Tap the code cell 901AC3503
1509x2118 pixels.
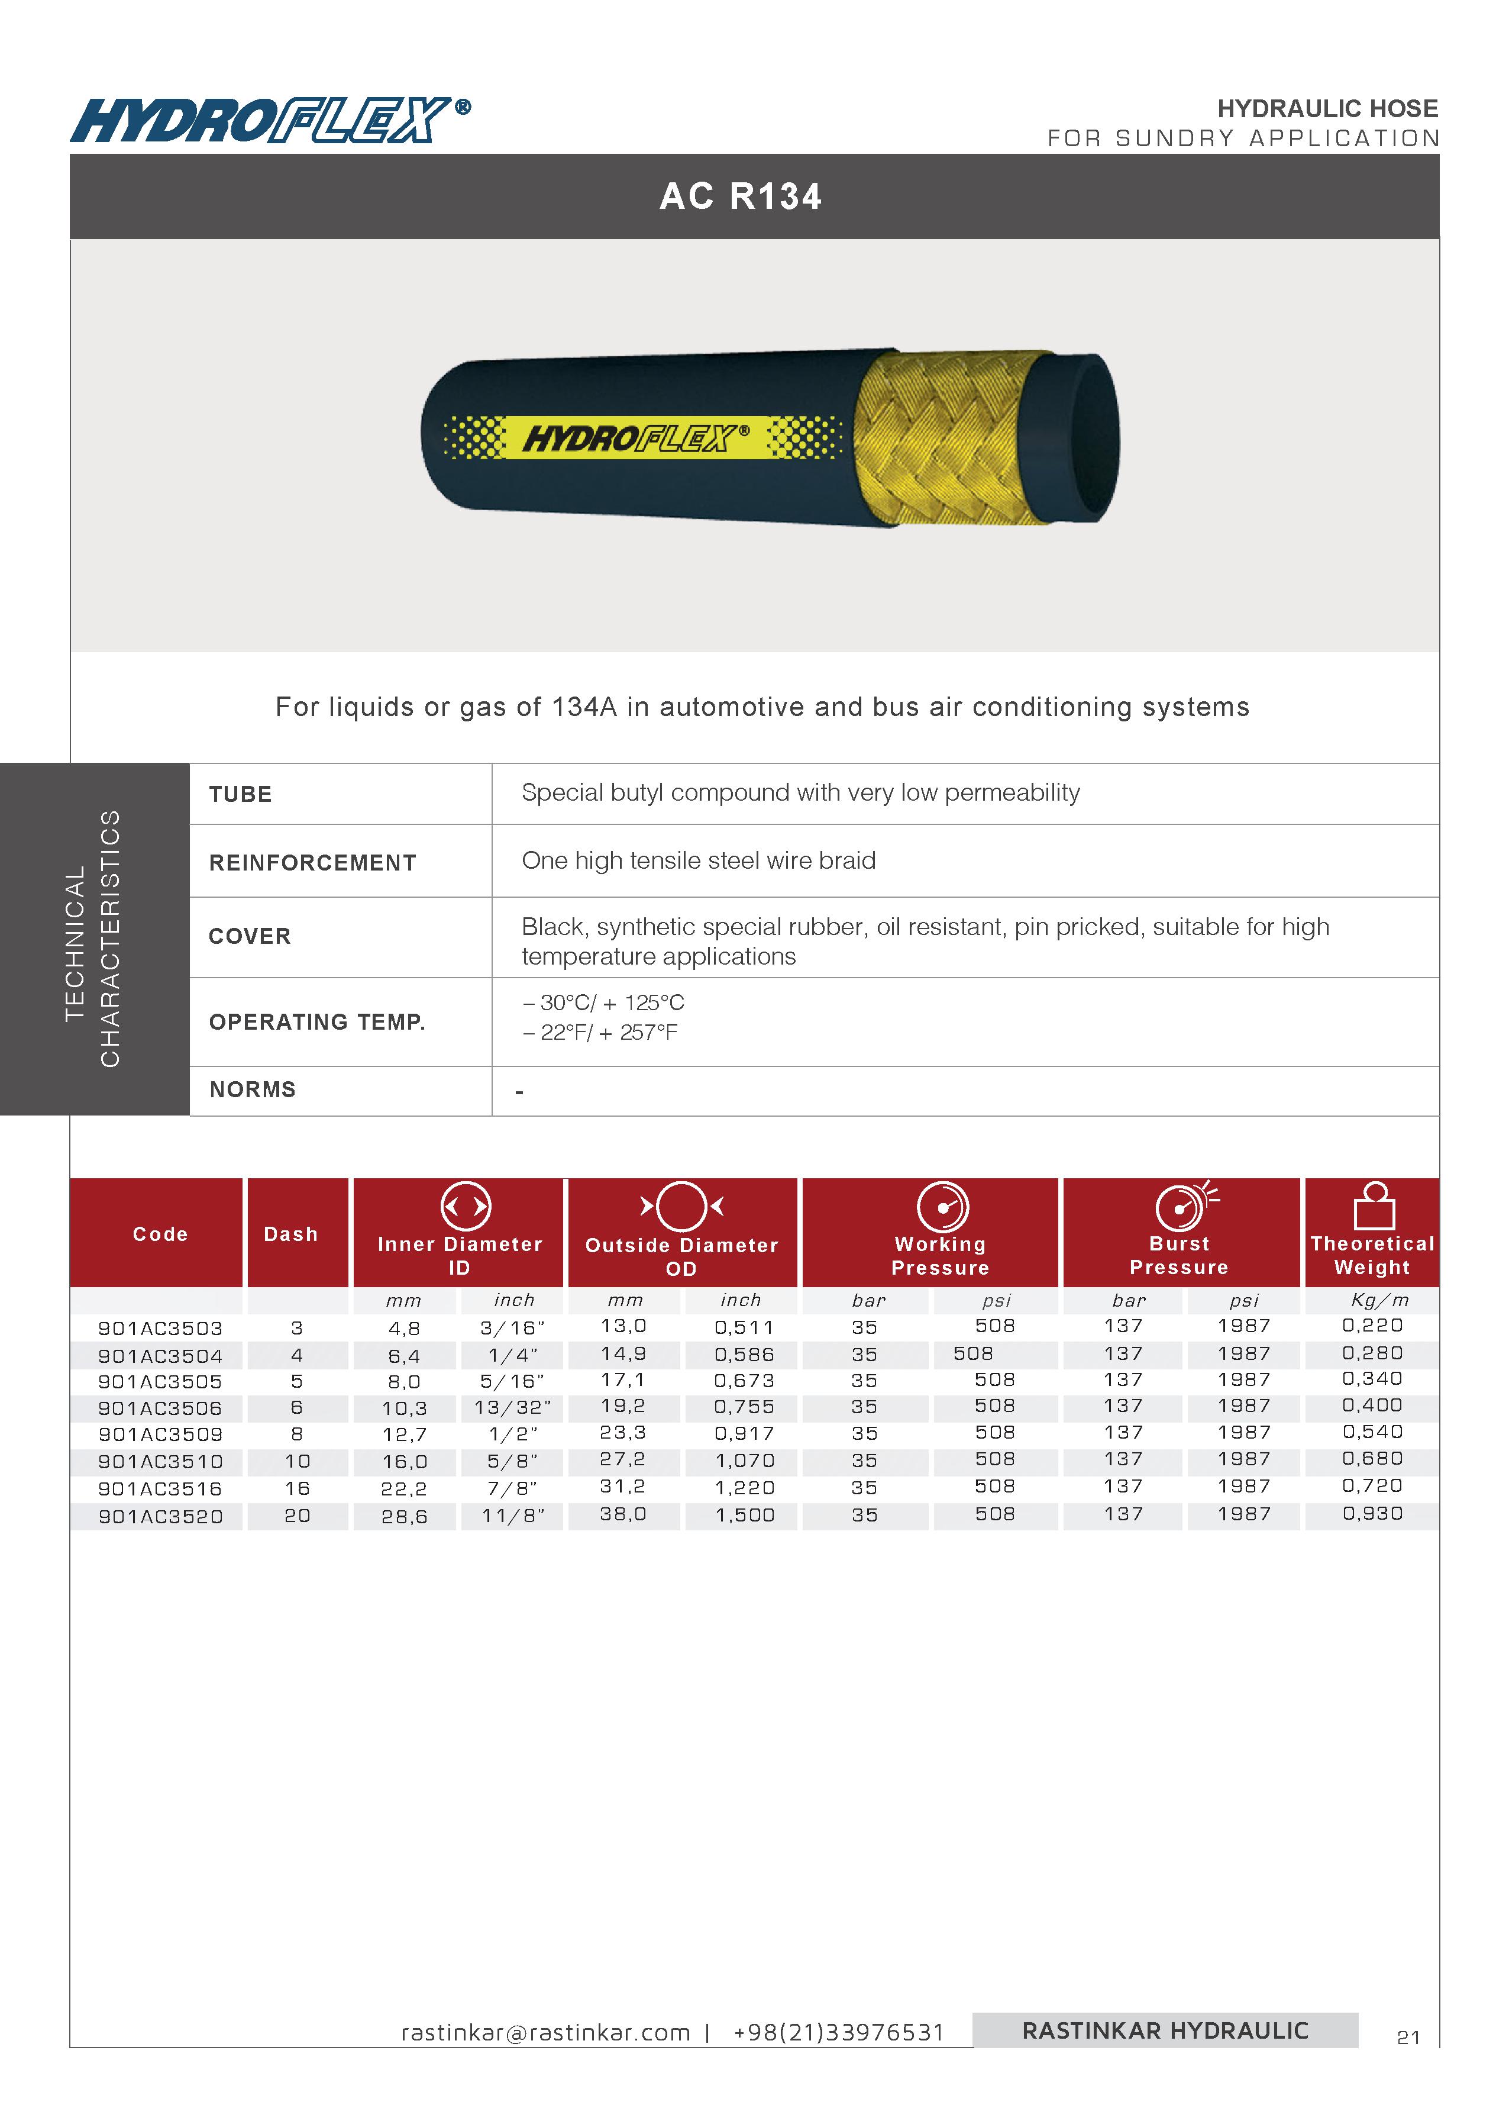coord(161,1328)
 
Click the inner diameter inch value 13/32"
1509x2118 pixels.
coord(513,1408)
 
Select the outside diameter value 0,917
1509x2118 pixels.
coord(744,1434)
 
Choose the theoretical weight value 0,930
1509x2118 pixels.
coord(1372,1514)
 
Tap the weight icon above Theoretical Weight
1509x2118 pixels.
coord(1374,1205)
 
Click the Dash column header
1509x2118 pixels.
coord(291,1234)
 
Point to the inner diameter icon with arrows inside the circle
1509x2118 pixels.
coord(466,1206)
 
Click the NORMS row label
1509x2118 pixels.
coord(253,1089)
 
